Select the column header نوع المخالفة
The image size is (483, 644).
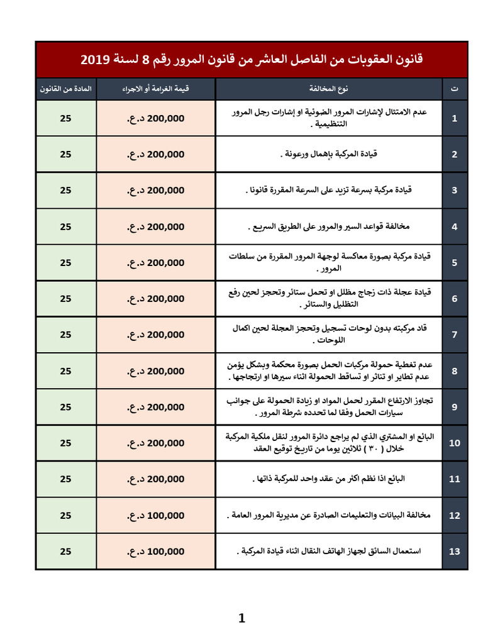pos(329,89)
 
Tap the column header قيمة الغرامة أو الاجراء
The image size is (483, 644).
pos(155,89)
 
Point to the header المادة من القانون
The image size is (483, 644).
pos(66,89)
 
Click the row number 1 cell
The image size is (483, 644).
pos(455,118)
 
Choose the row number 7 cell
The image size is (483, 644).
pos(455,335)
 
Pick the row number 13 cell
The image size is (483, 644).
pos(455,552)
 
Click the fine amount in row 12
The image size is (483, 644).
pos(155,516)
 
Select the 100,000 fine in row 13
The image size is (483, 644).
pos(155,552)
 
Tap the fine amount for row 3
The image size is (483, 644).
pos(155,190)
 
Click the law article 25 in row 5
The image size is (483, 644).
pos(66,262)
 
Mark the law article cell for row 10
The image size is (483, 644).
pos(66,443)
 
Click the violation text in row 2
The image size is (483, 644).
pos(329,154)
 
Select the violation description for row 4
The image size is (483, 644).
pos(329,226)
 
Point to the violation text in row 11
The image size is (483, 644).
pos(329,479)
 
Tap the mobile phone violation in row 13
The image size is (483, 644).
pos(329,552)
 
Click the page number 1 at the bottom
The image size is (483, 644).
pos(241,619)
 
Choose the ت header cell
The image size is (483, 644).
pos(455,89)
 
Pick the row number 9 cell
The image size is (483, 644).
pos(455,407)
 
